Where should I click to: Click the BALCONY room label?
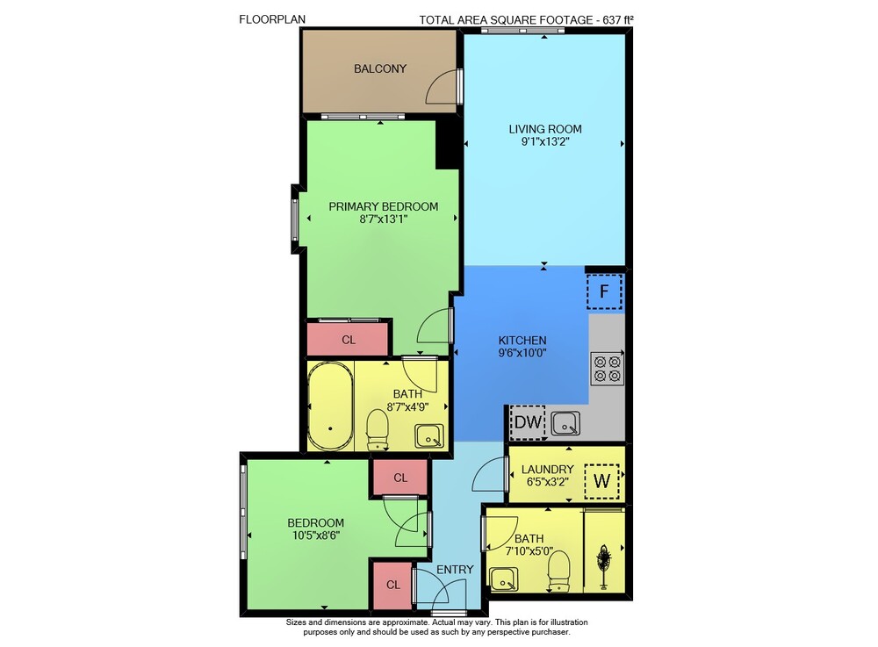click(379, 68)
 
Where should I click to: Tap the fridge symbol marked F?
click(604, 291)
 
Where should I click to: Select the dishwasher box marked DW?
click(528, 422)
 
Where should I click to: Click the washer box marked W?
click(602, 481)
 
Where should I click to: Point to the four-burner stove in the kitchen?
click(608, 369)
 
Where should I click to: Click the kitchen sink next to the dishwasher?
click(565, 424)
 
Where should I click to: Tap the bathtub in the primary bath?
click(330, 406)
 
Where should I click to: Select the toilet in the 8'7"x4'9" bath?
click(378, 428)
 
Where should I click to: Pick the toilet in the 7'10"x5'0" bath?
click(558, 570)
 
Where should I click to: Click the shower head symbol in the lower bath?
click(604, 565)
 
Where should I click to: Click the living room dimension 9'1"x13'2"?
click(545, 141)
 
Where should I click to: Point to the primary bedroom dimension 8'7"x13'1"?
click(384, 219)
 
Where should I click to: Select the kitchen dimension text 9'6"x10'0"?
click(522, 353)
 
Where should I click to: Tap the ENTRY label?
click(455, 569)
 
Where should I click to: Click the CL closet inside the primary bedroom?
click(349, 340)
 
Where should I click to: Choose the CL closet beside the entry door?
click(393, 585)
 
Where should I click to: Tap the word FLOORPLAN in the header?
click(272, 19)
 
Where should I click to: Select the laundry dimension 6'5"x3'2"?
click(548, 481)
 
